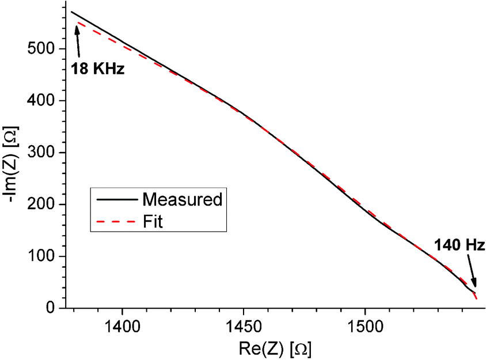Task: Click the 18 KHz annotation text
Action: [x=97, y=68]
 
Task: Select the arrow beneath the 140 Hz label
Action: [x=471, y=271]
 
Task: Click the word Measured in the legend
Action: [x=182, y=200]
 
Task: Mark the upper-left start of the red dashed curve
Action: [x=78, y=23]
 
